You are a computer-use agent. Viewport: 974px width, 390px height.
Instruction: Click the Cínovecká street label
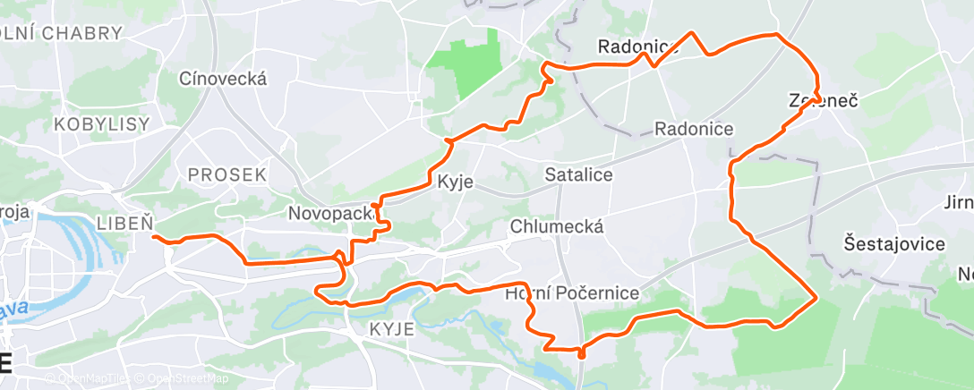click(x=223, y=79)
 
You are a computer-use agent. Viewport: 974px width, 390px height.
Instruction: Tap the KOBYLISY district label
click(x=101, y=124)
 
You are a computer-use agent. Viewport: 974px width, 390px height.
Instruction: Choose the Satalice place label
click(x=578, y=175)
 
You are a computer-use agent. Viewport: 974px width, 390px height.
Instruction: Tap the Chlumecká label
click(x=556, y=227)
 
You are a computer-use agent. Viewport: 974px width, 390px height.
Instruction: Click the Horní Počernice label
click(x=572, y=293)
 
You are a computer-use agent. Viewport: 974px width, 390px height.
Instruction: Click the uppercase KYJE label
click(x=391, y=329)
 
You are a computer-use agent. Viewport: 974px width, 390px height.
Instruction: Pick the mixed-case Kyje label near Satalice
click(x=454, y=183)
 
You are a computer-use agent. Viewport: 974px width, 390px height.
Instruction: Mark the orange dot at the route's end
click(x=581, y=353)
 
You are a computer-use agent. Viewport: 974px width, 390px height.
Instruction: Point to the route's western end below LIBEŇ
click(x=154, y=237)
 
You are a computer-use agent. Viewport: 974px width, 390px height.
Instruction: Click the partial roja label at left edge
click(x=15, y=211)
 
